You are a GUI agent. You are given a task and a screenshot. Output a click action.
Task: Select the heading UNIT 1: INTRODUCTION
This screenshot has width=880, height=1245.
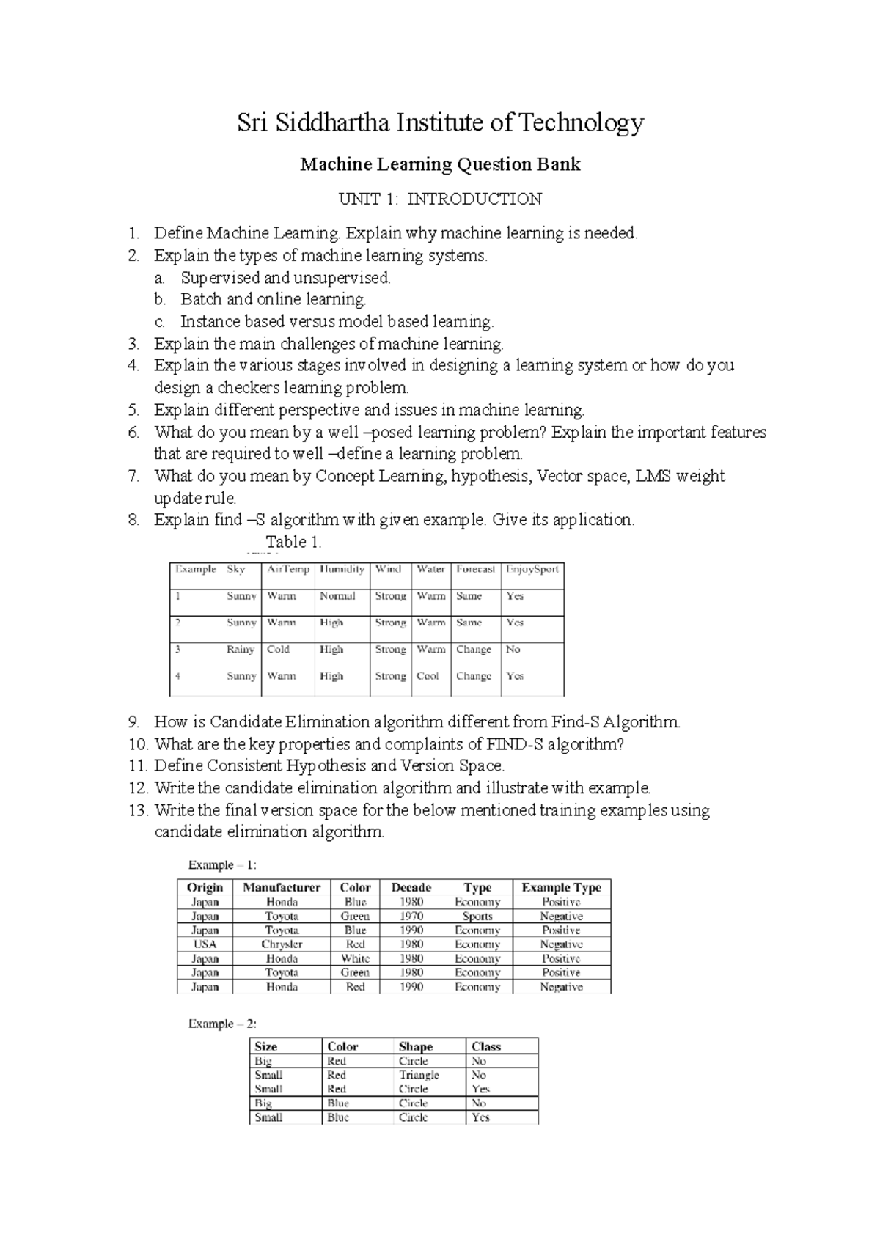[x=439, y=199]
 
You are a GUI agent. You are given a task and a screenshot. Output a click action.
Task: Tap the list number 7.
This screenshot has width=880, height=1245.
[x=133, y=476]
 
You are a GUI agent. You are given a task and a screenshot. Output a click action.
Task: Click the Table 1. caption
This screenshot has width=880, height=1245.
[x=293, y=542]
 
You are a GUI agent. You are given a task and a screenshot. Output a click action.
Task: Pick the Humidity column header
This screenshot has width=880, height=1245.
[x=342, y=569]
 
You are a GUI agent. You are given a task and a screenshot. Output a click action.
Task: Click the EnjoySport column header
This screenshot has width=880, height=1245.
[x=532, y=569]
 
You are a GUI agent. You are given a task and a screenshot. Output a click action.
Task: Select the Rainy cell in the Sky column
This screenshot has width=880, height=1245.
[x=241, y=650]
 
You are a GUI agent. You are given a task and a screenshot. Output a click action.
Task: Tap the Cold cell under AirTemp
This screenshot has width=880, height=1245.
[x=279, y=650]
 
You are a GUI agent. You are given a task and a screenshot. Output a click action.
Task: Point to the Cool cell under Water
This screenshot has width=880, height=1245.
[x=428, y=676]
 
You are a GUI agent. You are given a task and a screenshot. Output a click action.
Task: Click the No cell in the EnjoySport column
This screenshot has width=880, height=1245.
[x=513, y=650]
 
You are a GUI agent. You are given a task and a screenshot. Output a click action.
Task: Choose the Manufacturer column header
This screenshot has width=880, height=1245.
[x=282, y=887]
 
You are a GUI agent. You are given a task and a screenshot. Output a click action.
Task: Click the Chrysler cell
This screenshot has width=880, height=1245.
[x=282, y=944]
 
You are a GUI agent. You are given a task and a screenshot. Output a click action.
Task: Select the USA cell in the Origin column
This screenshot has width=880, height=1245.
[x=205, y=944]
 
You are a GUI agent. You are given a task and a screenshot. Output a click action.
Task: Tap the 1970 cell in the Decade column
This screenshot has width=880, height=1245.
[x=411, y=916]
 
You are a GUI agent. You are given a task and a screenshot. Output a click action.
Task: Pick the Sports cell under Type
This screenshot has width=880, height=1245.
[x=477, y=916]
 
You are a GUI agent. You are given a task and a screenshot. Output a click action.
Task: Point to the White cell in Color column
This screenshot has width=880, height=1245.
[x=355, y=958]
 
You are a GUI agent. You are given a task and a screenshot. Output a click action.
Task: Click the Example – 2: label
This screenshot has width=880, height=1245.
[x=222, y=1024]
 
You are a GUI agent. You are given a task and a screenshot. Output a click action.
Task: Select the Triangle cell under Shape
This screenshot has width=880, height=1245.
[x=419, y=1075]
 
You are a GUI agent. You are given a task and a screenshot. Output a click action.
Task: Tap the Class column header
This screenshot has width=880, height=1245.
[x=486, y=1046]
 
